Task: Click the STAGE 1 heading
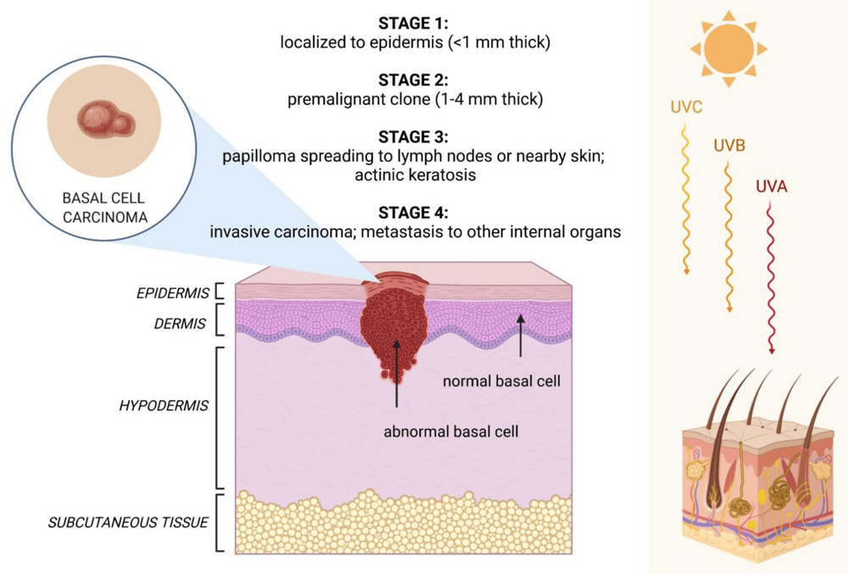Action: [x=416, y=23]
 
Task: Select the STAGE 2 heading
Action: [x=416, y=80]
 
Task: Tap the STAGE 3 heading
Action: [x=416, y=137]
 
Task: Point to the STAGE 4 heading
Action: [x=416, y=211]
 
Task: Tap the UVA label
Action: [x=771, y=187]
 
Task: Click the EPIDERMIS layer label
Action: [x=173, y=293]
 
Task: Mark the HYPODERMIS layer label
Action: [x=163, y=406]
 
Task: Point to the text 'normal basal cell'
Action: [x=502, y=382]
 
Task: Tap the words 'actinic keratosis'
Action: [x=416, y=175]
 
